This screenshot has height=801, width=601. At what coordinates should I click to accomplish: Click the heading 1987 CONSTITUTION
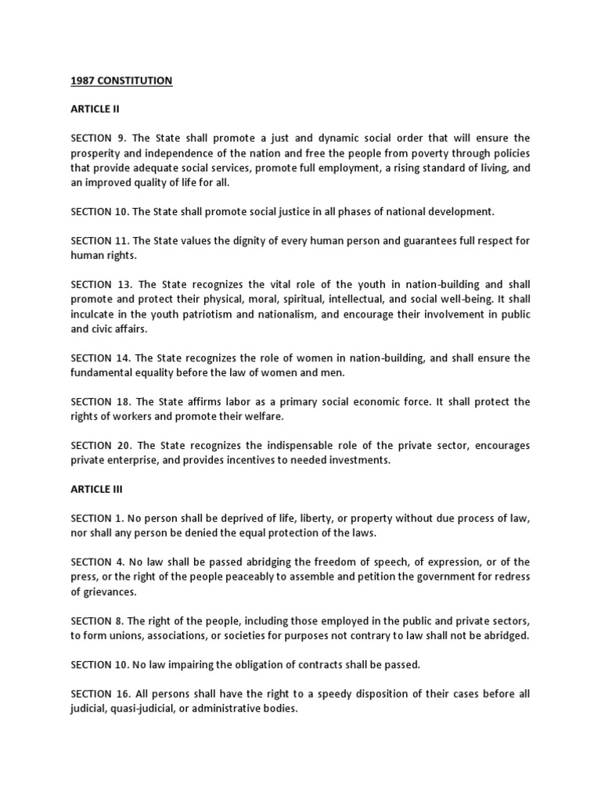coord(121,81)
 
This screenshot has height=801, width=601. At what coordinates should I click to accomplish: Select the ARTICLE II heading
coord(94,110)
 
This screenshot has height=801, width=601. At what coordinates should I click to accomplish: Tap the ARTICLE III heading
coord(96,490)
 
